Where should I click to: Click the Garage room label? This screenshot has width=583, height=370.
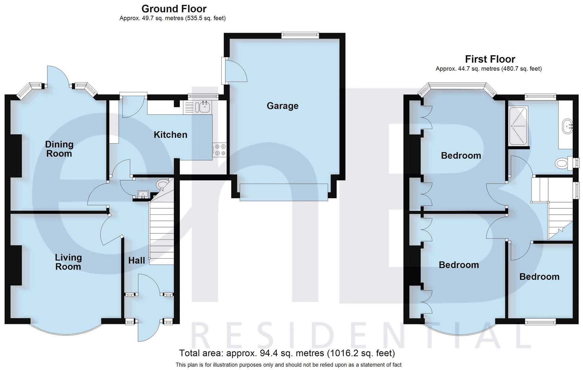pyautogui.click(x=283, y=106)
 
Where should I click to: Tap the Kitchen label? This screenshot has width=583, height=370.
pyautogui.click(x=170, y=135)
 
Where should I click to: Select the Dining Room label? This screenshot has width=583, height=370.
pyautogui.click(x=59, y=149)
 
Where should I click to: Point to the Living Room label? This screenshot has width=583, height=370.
pyautogui.click(x=68, y=262)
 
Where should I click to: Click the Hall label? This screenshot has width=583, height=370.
pyautogui.click(x=137, y=261)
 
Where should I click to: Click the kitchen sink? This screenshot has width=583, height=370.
pyautogui.click(x=202, y=107)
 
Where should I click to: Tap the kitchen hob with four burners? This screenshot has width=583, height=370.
pyautogui.click(x=220, y=150)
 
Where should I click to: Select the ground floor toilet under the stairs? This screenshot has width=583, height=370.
pyautogui.click(x=162, y=184)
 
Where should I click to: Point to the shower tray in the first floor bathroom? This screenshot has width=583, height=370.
pyautogui.click(x=519, y=126)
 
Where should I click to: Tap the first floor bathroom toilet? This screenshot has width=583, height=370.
pyautogui.click(x=562, y=163)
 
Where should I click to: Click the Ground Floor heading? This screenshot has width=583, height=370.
pyautogui.click(x=174, y=9)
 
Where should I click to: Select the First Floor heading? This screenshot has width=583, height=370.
pyautogui.click(x=490, y=59)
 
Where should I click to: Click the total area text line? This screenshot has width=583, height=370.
pyautogui.click(x=287, y=353)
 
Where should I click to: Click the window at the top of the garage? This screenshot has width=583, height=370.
pyautogui.click(x=300, y=34)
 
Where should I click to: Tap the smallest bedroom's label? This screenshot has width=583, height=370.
pyautogui.click(x=539, y=277)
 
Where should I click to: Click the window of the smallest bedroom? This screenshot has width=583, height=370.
pyautogui.click(x=541, y=321)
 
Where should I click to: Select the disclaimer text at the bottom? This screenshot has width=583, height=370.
pyautogui.click(x=288, y=365)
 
